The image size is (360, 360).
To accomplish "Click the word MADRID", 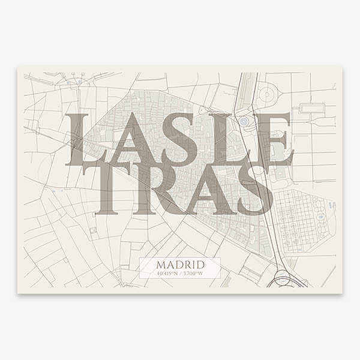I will (179, 265).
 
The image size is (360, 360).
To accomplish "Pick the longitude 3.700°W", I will (194, 274).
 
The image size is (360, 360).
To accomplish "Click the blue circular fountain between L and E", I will (244, 122).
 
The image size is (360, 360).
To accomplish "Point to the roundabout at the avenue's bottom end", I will (283, 278).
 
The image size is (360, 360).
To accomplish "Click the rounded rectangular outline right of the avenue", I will (311, 109).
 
